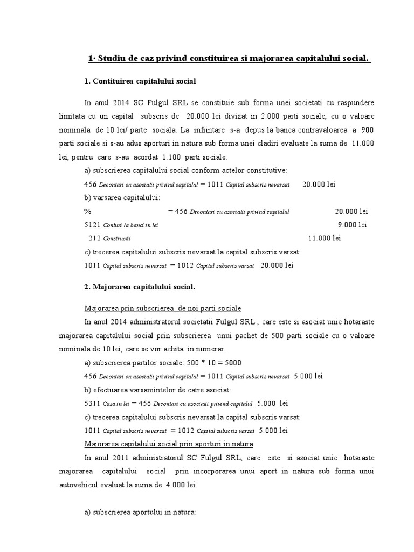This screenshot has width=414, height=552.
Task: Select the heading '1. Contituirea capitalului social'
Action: pos(140,82)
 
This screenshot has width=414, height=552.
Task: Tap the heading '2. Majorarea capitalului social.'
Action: pos(140,286)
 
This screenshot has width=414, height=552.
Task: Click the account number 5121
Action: pos(92,224)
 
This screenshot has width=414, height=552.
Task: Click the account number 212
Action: pos(95,238)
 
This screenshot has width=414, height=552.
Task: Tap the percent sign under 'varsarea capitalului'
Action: pos(87,211)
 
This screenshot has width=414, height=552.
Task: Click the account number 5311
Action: pos(92,403)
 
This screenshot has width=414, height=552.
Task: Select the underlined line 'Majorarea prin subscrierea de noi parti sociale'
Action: pos(163,309)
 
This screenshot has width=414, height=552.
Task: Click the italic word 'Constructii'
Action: pos(118,238)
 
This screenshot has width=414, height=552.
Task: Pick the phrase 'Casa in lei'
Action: pos(116,403)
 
